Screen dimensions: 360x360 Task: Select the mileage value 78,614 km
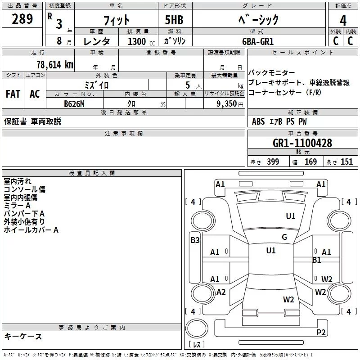[54, 64]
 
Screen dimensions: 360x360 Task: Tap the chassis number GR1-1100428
[302, 144]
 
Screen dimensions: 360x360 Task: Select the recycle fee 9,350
[224, 103]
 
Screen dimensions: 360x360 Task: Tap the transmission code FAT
[13, 94]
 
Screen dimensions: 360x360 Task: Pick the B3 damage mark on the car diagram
[195, 240]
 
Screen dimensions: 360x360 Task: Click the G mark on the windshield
[284, 237]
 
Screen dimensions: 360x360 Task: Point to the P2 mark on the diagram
[321, 333]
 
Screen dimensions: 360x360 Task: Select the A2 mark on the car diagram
[221, 292]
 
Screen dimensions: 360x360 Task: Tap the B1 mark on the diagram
[317, 260]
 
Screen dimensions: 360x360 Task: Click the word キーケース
[23, 336]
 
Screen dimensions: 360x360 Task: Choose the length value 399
[273, 162]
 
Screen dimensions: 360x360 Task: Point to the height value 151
[346, 162]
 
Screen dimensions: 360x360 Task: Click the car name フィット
[116, 20]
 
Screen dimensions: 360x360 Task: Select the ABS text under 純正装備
[258, 121]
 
